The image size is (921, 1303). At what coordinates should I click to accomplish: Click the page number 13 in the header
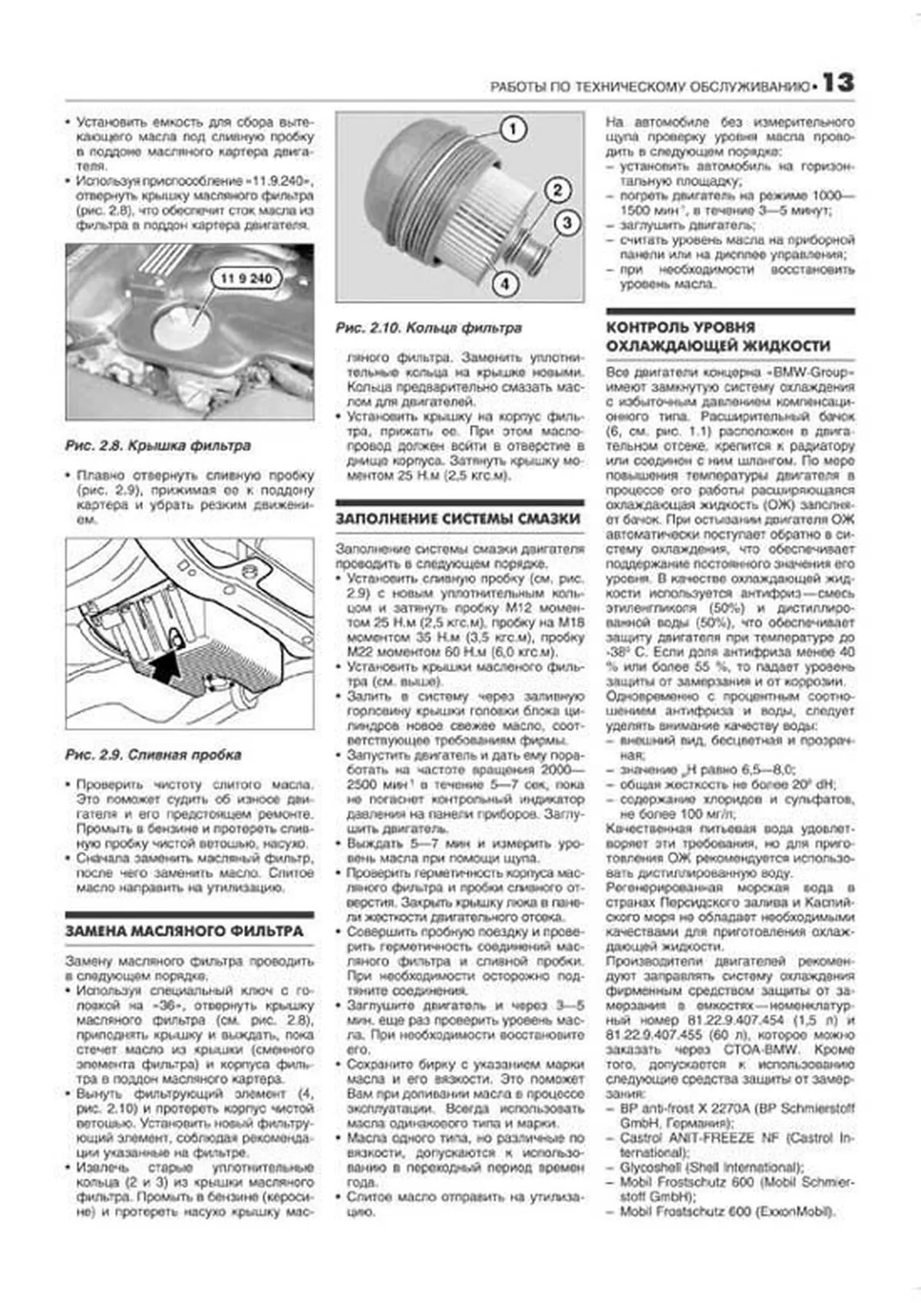coord(837,83)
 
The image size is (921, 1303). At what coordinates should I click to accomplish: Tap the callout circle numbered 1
coord(512,129)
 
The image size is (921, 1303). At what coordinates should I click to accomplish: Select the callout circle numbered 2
coord(557,190)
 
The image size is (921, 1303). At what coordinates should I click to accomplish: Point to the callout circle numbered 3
coord(566,223)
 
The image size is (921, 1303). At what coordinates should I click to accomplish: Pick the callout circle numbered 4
coord(505,284)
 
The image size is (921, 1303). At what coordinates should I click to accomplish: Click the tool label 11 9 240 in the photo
coord(246,279)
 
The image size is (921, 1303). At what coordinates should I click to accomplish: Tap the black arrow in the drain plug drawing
coord(167,666)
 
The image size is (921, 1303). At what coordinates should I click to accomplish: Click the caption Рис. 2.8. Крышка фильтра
coord(157,446)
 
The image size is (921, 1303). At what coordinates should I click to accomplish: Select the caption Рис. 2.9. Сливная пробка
coord(153,755)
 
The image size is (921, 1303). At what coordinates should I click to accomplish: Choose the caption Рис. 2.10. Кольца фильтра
coord(428,328)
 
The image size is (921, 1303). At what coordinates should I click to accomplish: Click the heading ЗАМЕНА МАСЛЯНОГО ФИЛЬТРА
coord(184,931)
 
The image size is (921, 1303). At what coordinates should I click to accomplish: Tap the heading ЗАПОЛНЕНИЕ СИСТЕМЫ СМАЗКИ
coord(457,519)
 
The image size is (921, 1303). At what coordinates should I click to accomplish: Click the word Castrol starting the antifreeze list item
coord(641,1138)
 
